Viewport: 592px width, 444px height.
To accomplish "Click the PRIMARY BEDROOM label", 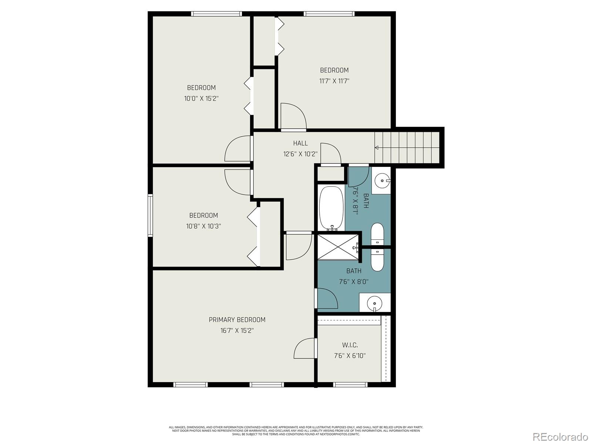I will (x=237, y=320).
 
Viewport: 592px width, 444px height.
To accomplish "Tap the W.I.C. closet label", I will (x=350, y=345).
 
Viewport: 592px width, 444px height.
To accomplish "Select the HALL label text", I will (x=300, y=143).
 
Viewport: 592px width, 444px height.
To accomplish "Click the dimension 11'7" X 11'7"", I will (x=334, y=81).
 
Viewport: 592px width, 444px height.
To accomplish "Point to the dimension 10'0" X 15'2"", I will (x=201, y=98).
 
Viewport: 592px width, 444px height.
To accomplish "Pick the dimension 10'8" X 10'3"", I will (x=203, y=226).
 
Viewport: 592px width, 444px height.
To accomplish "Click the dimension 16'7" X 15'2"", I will (x=237, y=330).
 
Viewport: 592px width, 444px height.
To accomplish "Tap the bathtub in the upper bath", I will (x=331, y=208).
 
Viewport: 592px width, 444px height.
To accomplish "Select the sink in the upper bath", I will (x=381, y=181).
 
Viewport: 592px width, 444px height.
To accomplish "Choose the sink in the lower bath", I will (x=374, y=303).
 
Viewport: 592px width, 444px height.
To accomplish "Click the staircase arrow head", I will (x=377, y=148).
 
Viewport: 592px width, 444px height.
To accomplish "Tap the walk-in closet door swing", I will (x=304, y=349).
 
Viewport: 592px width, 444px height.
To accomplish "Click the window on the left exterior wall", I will (x=150, y=215).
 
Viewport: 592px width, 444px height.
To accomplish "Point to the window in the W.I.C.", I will (x=350, y=385).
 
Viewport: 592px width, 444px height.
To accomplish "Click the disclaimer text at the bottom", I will (x=296, y=431).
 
